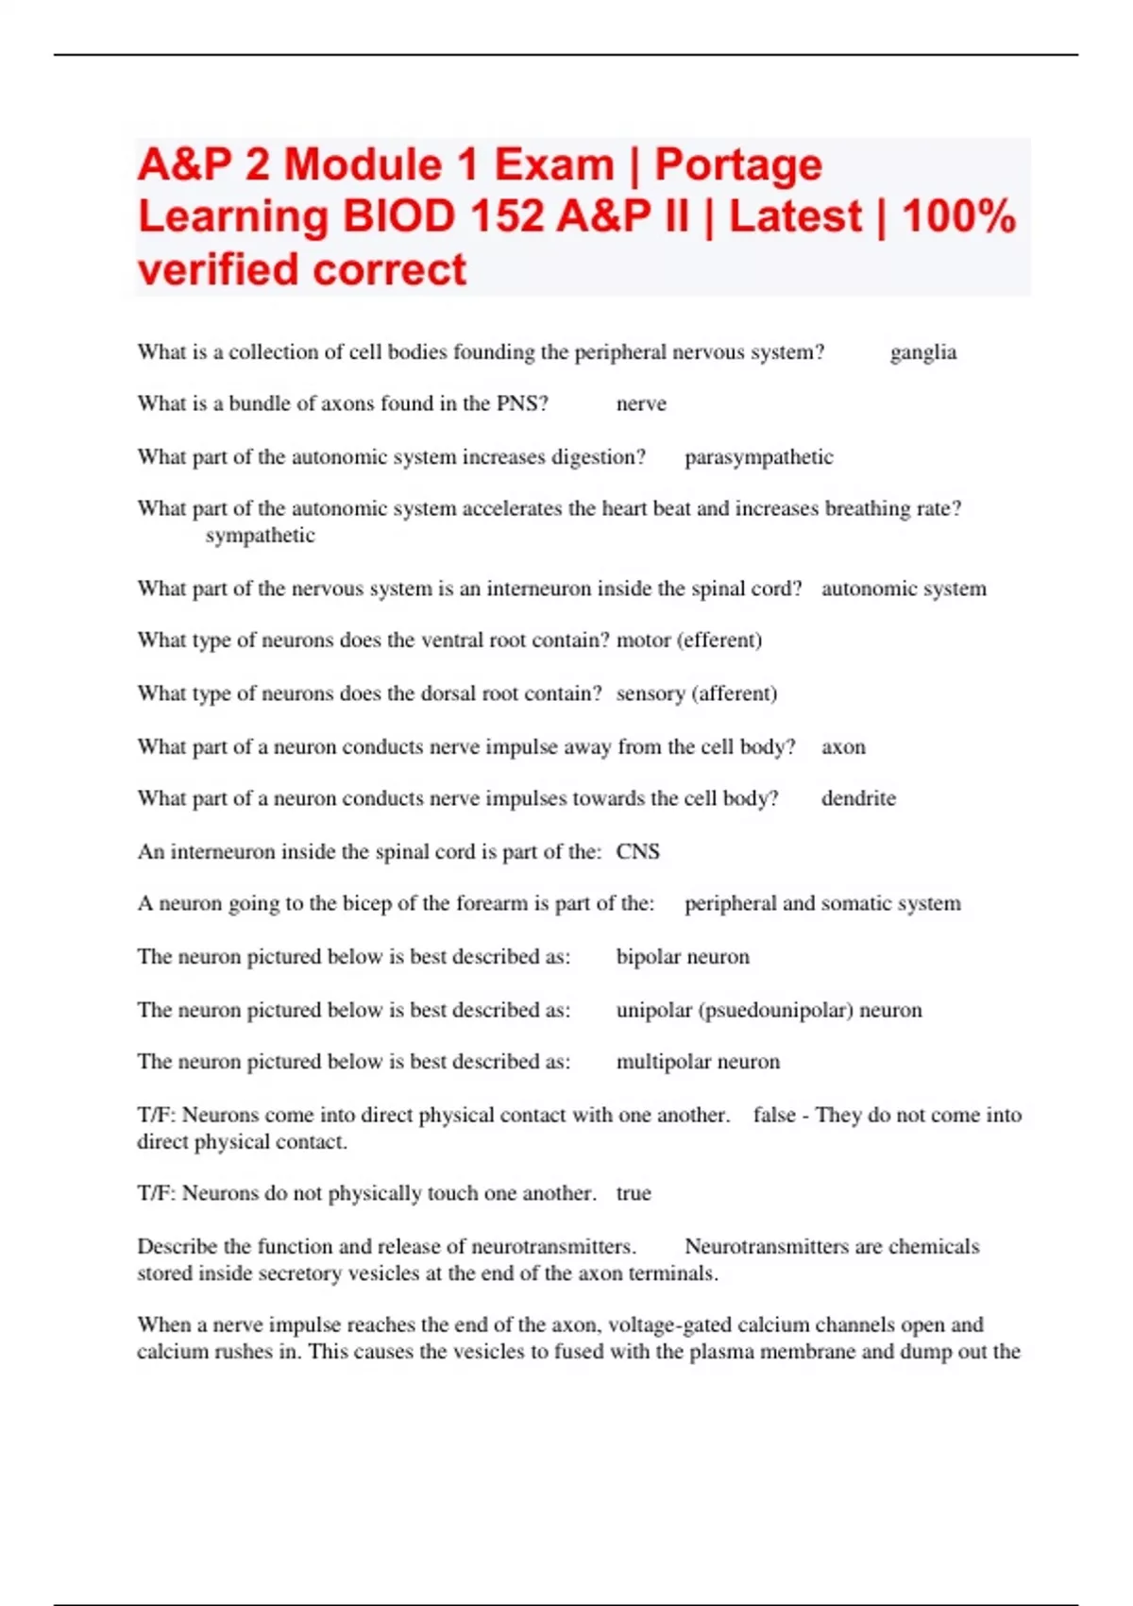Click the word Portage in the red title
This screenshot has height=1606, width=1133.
[x=738, y=165]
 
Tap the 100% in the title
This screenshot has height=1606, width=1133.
[x=958, y=216]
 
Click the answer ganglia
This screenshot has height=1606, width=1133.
[x=922, y=352]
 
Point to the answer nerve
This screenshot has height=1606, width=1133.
[x=641, y=404]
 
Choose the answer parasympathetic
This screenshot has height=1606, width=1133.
[x=758, y=457]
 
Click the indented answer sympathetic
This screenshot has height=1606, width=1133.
[x=260, y=536]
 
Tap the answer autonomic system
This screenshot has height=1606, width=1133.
[x=904, y=589]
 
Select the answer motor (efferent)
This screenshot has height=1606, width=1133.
[x=689, y=641]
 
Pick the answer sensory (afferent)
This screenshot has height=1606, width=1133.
[x=697, y=693]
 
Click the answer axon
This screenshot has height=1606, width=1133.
[x=843, y=747]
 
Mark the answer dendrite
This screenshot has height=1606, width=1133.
[x=858, y=798]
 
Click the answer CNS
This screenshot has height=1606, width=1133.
[x=637, y=852]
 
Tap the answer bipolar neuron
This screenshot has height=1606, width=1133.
[x=683, y=957]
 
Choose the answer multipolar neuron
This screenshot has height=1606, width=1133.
[x=698, y=1062]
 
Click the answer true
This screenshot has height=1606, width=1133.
[x=634, y=1193]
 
